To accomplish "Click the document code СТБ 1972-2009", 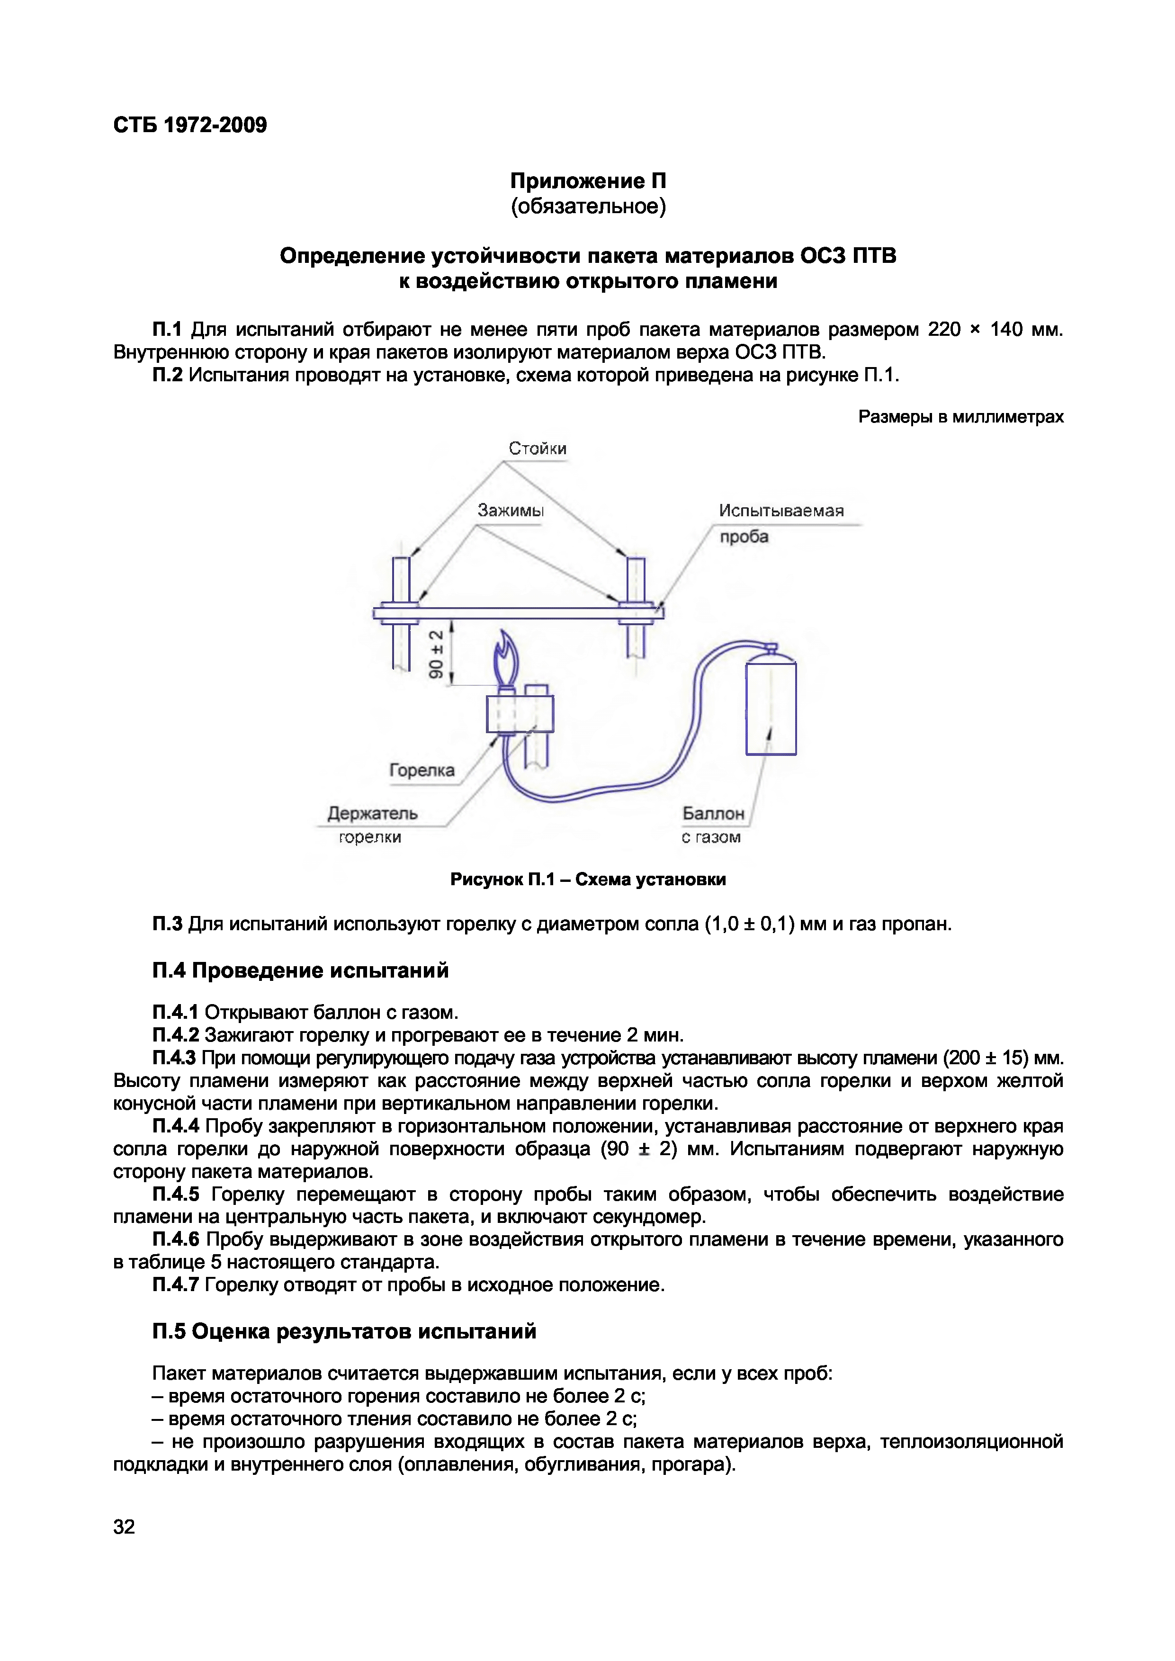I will (189, 125).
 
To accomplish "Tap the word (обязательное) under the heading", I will (587, 207).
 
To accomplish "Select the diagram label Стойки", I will (537, 449).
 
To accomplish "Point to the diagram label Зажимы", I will (510, 511).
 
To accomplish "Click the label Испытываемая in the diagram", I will (780, 511).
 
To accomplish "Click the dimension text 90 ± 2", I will (436, 654).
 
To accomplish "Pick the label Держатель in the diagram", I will (373, 813).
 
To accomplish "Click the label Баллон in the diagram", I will (713, 813).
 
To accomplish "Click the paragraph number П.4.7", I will (176, 1285).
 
